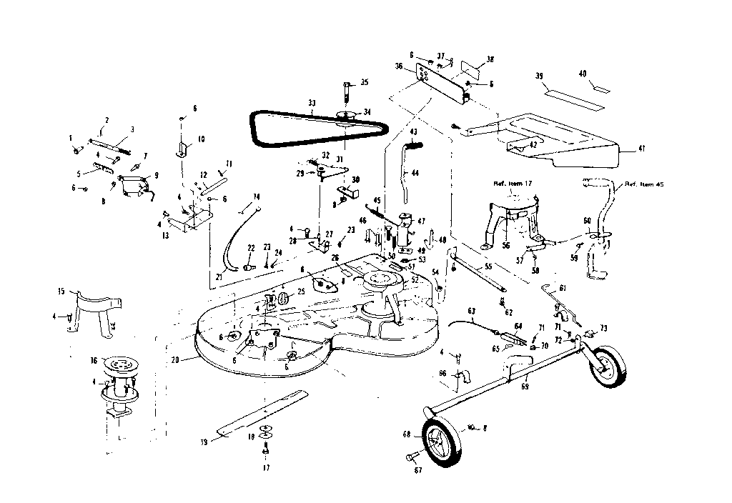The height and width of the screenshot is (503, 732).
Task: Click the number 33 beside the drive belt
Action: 311,104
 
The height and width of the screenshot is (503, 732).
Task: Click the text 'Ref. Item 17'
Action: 514,183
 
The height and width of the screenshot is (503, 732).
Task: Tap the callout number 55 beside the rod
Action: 488,266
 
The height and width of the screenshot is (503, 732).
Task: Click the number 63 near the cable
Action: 472,310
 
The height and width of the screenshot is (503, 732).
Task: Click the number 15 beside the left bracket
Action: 61,291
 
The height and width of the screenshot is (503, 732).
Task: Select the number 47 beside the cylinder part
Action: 421,221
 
